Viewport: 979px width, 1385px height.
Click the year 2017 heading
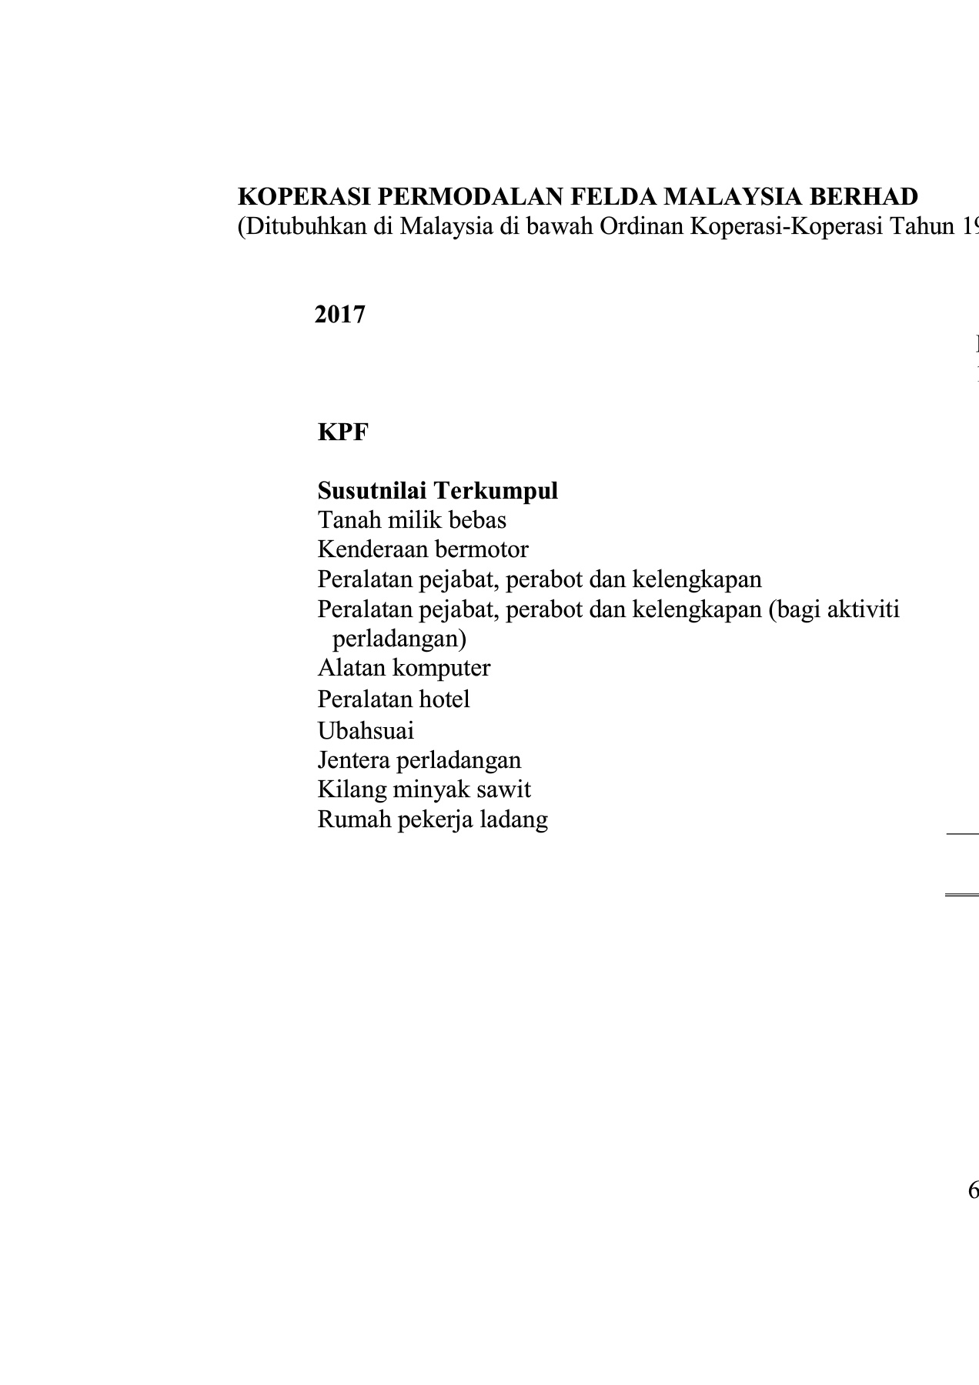click(x=339, y=315)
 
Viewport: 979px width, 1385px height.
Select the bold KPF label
click(x=342, y=432)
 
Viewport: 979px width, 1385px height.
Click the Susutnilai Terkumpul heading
click(x=437, y=491)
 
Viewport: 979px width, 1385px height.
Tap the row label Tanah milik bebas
click(x=412, y=520)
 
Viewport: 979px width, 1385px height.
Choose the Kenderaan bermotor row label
click(x=423, y=549)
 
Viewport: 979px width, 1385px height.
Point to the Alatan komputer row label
click(x=403, y=667)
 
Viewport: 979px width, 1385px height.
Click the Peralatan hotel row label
click(x=393, y=699)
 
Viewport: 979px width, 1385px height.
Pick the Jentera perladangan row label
click(x=419, y=760)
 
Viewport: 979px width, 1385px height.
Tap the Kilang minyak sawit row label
click(x=424, y=789)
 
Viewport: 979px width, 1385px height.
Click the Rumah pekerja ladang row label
click(x=433, y=819)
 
